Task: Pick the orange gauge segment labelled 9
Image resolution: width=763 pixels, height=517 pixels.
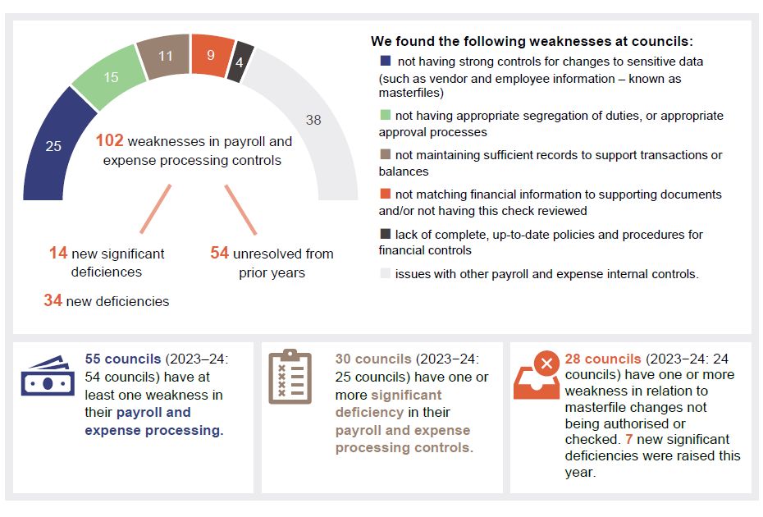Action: tap(211, 56)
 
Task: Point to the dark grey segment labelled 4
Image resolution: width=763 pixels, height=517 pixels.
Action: tap(240, 62)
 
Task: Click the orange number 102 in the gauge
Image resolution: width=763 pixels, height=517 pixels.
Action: tap(109, 141)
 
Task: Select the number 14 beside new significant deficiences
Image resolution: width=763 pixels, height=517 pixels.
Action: tap(57, 254)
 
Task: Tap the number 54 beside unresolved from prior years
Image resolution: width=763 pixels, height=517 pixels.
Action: tap(219, 254)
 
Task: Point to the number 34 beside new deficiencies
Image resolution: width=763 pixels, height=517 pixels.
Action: tap(53, 301)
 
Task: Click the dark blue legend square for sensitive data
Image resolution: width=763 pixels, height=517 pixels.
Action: tap(386, 61)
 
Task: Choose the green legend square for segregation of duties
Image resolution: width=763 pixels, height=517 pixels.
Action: tap(386, 116)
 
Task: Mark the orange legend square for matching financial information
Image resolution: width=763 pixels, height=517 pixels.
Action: tap(386, 194)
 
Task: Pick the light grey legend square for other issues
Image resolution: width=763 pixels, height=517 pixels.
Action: tap(386, 273)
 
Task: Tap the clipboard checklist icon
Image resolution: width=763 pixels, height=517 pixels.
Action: tap(290, 377)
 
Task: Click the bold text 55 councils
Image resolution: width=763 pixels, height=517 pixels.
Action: tap(123, 359)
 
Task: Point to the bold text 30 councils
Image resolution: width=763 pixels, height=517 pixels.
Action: tap(372, 359)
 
